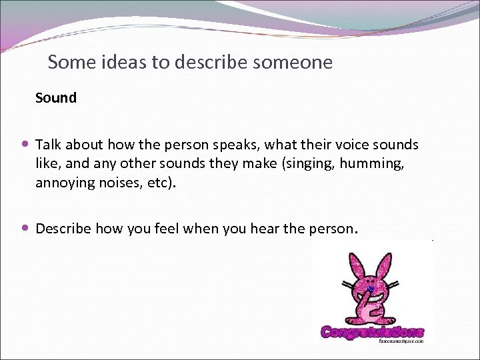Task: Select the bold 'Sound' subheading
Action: [x=56, y=98]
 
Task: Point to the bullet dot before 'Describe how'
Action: [x=25, y=229]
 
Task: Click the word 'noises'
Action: [x=127, y=183]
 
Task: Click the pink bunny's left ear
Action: [x=353, y=264]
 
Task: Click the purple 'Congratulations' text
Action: [x=372, y=331]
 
